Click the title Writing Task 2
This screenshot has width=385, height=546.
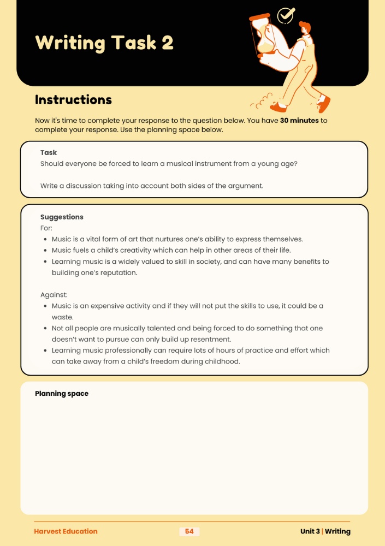[x=104, y=43]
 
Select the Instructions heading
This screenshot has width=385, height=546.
[x=73, y=100]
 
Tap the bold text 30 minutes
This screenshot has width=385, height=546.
[x=299, y=120]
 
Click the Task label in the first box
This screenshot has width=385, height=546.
[x=49, y=153]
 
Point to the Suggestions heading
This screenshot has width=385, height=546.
[x=62, y=217]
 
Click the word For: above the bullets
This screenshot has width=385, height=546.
[x=46, y=228]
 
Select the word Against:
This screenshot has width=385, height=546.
[x=54, y=295]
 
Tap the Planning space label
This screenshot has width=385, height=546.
[x=62, y=394]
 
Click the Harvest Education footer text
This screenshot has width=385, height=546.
[x=66, y=531]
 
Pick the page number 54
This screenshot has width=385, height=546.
[x=189, y=531]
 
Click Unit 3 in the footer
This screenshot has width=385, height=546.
[x=309, y=531]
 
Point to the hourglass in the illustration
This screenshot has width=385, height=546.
[x=266, y=35]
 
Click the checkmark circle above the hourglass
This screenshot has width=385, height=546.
[x=285, y=15]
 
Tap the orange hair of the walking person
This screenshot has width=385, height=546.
[x=305, y=27]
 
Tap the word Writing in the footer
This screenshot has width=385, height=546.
[x=339, y=531]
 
